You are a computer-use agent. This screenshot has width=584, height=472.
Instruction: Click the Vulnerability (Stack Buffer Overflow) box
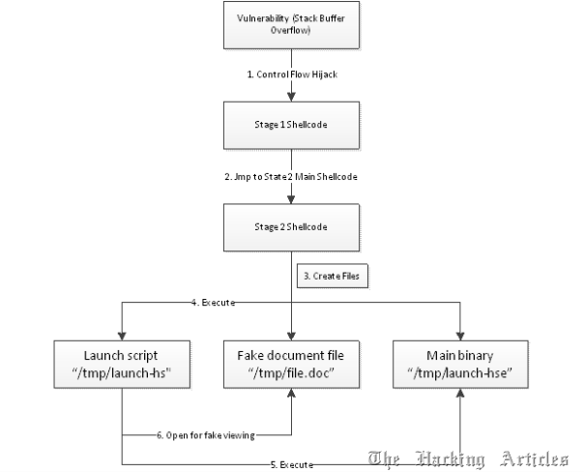pyautogui.click(x=291, y=25)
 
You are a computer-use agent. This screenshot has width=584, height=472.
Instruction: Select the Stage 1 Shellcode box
pyautogui.click(x=291, y=125)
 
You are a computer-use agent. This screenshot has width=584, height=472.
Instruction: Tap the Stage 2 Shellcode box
pyautogui.click(x=291, y=227)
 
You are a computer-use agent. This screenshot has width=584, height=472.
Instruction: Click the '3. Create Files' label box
pyautogui.click(x=333, y=276)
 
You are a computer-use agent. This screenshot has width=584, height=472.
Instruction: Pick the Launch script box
pyautogui.click(x=122, y=365)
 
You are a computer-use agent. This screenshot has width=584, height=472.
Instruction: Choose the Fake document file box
pyautogui.click(x=291, y=365)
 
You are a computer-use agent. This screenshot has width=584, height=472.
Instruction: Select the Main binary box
pyautogui.click(x=460, y=365)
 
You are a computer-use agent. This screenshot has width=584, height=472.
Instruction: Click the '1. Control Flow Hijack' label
pyautogui.click(x=292, y=74)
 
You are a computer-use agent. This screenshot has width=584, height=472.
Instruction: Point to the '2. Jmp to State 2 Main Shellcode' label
pyautogui.click(x=291, y=177)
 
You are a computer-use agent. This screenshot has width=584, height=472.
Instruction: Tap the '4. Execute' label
pyautogui.click(x=214, y=303)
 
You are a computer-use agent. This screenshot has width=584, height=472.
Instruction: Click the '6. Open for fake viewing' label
pyautogui.click(x=206, y=435)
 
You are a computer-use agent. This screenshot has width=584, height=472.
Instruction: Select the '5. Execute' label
pyautogui.click(x=292, y=464)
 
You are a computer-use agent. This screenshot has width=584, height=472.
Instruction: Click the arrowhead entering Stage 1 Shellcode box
pyautogui.click(x=291, y=97)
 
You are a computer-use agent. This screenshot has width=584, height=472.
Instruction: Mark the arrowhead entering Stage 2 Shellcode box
pyautogui.click(x=291, y=199)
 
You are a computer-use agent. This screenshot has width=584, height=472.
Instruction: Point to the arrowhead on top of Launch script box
pyautogui.click(x=122, y=336)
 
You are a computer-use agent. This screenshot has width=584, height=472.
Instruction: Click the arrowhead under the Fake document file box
pyautogui.click(x=291, y=393)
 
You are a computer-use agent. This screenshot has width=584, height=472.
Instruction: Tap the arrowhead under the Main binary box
pyautogui.click(x=460, y=393)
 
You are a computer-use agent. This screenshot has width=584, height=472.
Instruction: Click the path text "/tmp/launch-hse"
pyautogui.click(x=460, y=373)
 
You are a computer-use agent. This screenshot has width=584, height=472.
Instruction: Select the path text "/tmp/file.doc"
pyautogui.click(x=291, y=373)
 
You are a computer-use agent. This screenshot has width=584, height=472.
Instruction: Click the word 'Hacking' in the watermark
pyautogui.click(x=451, y=458)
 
